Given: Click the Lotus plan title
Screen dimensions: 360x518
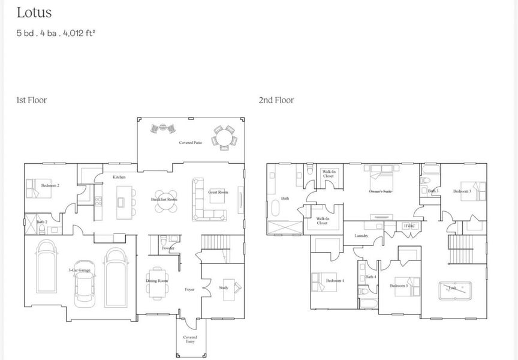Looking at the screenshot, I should (34, 13).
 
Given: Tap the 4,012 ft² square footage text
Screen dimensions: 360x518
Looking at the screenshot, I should (79, 33).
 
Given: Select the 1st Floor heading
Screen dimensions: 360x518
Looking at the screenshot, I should (31, 100).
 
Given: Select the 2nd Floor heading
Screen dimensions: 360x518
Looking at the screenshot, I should (276, 100).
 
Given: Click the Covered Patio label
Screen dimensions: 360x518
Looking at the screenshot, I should (190, 143).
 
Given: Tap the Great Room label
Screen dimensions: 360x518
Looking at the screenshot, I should (218, 192).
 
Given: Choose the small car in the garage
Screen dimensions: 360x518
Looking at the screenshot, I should (85, 291).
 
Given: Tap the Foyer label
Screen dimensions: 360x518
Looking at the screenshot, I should (190, 290).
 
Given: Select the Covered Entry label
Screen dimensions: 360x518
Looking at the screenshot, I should (190, 340).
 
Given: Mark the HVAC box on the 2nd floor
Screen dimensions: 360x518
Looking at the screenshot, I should (409, 226).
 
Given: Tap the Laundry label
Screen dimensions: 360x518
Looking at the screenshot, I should (361, 236).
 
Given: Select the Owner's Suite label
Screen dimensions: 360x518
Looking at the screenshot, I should (380, 191).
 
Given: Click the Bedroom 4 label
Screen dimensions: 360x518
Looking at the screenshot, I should (335, 281).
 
